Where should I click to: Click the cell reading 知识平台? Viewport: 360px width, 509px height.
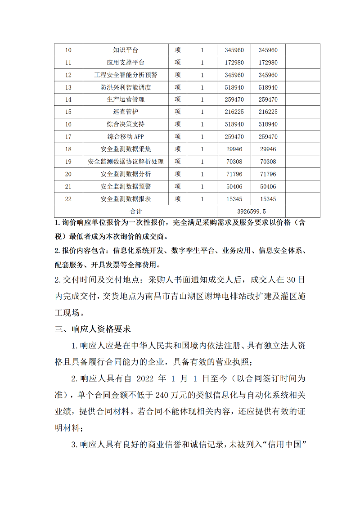(126, 50)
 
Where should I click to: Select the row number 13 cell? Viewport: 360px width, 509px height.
(68, 87)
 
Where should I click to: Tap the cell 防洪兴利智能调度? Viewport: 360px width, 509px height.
(126, 87)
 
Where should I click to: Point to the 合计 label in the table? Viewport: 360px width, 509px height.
(136, 211)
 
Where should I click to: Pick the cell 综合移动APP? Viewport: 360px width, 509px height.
(126, 137)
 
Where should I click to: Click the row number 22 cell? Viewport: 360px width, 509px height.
(68, 199)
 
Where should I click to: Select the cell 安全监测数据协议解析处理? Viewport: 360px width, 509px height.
(126, 162)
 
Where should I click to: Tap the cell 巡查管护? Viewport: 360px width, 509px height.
(126, 112)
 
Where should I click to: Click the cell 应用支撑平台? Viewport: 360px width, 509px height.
(126, 63)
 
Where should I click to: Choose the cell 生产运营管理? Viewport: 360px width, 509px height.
(126, 99)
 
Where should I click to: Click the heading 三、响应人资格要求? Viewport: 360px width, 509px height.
(93, 329)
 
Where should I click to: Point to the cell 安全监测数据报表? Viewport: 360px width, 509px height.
(126, 199)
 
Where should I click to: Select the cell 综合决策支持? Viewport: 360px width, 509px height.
(126, 124)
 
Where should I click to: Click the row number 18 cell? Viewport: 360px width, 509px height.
(68, 149)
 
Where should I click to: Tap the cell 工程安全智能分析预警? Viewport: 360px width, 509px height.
(126, 75)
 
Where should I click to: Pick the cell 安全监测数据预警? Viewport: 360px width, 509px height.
(126, 186)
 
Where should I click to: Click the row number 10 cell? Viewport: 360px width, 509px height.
(68, 50)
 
